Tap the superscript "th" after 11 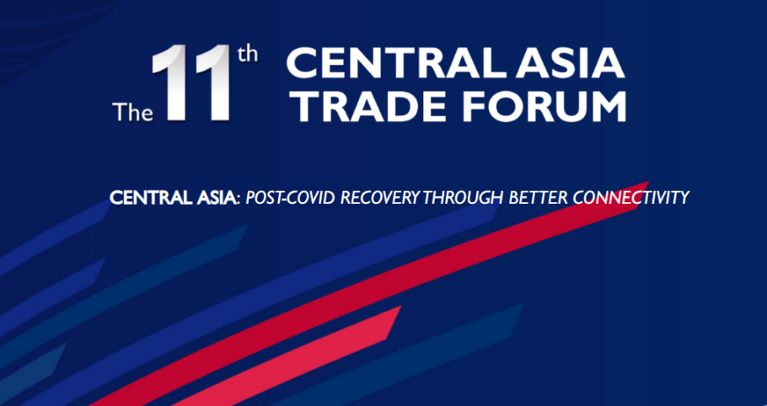247,55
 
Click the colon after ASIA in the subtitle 238,200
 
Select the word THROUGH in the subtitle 463,198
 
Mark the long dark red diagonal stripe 372,293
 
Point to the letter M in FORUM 608,107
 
